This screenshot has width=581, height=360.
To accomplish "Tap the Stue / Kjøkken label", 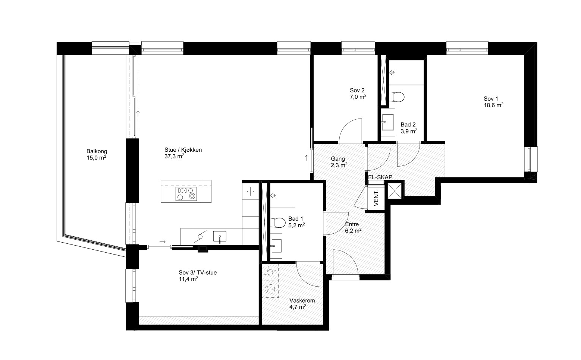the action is click(183, 150).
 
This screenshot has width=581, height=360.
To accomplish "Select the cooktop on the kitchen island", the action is click(186, 194).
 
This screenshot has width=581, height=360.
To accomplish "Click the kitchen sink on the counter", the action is click(220, 237).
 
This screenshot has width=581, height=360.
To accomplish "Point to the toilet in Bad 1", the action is click(277, 222).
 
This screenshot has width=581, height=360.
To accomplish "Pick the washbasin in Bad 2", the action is click(388, 122).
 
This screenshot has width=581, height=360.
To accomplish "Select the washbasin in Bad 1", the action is click(276, 246).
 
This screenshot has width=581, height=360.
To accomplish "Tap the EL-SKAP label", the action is click(380, 177).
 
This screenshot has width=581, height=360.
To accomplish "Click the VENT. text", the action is click(376, 198).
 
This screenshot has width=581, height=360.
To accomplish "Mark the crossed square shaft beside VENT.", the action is click(394, 191).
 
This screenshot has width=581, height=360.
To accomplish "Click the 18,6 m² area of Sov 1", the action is click(494, 105).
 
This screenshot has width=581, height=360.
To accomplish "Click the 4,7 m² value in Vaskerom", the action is click(298, 307).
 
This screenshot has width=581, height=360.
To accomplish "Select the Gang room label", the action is click(338, 159).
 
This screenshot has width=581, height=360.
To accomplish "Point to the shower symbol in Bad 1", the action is click(273, 195).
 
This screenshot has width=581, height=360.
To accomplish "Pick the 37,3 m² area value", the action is click(174, 156).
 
